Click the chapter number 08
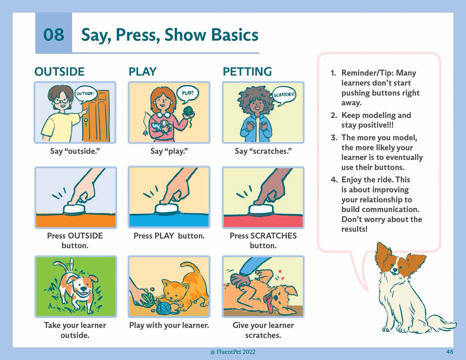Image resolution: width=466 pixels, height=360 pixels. (54, 34)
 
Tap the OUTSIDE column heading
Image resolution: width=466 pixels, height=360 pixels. (59, 71)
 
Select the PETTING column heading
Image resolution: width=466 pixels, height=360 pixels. (247, 71)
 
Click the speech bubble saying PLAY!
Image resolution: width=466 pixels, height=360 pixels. (187, 94)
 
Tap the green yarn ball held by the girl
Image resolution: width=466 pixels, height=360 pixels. (188, 111)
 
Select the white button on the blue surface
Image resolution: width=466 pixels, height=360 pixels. (167, 209)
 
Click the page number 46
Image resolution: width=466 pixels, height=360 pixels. (450, 352)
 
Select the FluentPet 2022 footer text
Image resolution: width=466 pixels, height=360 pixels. (233, 352)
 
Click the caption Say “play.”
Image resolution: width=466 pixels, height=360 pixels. (169, 151)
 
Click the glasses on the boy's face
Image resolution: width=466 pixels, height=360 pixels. (61, 101)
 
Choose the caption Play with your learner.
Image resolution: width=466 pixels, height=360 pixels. (169, 326)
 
